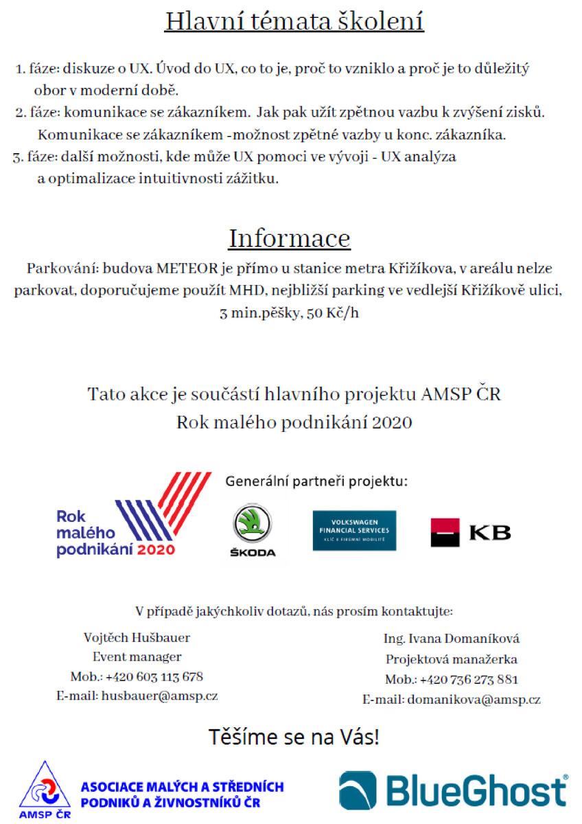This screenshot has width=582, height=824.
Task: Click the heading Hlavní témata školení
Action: (294, 21)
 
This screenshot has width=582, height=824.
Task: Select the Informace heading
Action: (289, 238)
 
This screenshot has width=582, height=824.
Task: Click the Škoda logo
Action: (252, 531)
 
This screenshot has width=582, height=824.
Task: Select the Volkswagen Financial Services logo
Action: (354, 530)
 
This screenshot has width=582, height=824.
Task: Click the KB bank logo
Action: (470, 532)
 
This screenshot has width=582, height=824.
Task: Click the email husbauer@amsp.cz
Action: (160, 696)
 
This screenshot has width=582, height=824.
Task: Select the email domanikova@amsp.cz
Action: (474, 700)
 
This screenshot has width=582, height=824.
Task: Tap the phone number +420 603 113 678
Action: (154, 676)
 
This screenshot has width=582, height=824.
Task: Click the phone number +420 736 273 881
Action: (469, 680)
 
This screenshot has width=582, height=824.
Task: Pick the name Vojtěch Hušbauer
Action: (137, 637)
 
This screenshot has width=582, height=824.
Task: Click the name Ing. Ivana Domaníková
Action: (451, 639)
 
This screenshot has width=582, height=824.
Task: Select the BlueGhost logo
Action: (454, 790)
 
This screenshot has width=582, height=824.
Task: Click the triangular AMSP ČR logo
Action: (45, 790)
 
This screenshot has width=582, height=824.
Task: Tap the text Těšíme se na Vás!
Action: (294, 738)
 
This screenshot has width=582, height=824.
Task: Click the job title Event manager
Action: (137, 656)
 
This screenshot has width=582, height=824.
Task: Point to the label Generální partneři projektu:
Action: (316, 481)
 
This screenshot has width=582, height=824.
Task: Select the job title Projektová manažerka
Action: (451, 659)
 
